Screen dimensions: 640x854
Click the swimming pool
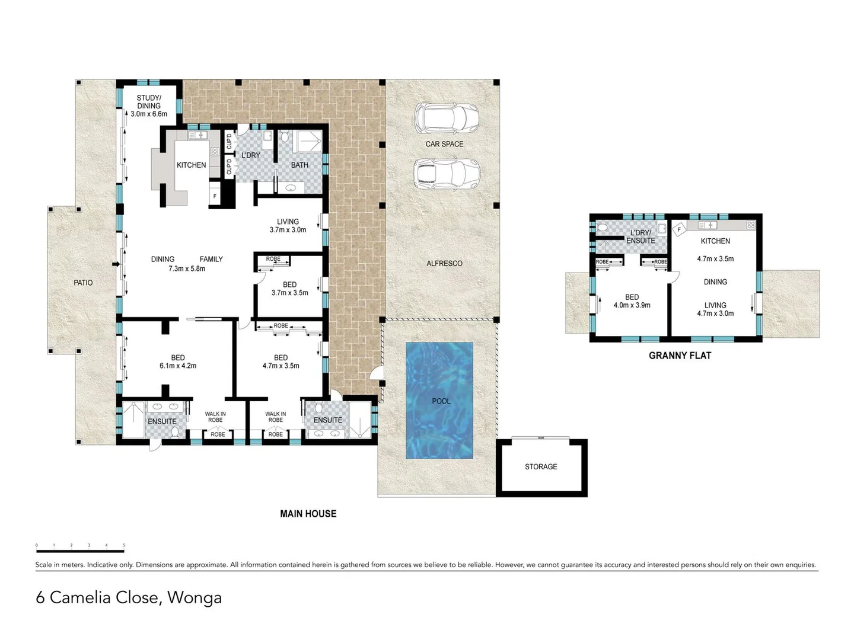(x=439, y=401)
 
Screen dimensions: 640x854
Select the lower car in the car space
(x=446, y=174)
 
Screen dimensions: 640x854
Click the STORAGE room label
(x=541, y=467)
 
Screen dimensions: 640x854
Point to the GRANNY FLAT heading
(x=680, y=356)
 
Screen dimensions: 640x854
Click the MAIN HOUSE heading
(x=308, y=514)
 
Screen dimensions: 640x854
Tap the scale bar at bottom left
(x=80, y=548)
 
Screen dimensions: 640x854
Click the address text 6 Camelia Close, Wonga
(x=129, y=597)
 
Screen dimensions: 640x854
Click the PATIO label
(x=83, y=283)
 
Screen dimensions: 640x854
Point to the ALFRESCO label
(x=444, y=263)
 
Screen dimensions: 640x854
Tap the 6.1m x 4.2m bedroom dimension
(x=178, y=366)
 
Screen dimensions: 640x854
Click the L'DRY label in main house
(x=250, y=155)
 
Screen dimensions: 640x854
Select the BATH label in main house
(x=299, y=165)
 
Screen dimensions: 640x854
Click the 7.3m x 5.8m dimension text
(x=187, y=268)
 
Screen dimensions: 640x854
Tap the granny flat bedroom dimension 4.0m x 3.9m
(x=632, y=305)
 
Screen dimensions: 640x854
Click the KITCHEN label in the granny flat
(x=715, y=241)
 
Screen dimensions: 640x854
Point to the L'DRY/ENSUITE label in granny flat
(x=640, y=236)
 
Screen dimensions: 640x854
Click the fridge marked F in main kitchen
(x=215, y=196)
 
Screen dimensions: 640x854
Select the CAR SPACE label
(x=444, y=144)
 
